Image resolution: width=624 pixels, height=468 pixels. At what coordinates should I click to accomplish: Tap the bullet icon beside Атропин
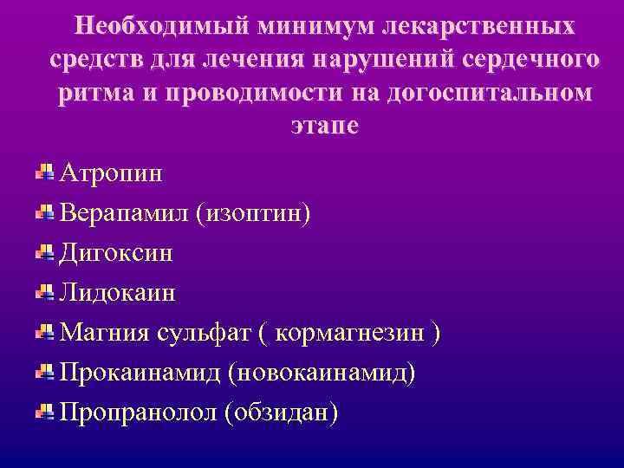point(45,171)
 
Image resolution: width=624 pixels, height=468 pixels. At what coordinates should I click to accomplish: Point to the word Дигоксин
point(116,252)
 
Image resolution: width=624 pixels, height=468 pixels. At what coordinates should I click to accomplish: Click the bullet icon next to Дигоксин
point(45,251)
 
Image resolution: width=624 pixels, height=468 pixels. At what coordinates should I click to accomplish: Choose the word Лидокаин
point(117,292)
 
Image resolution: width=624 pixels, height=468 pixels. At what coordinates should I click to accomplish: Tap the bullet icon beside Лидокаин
point(45,291)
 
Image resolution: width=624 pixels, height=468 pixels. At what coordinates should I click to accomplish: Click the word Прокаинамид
point(138,373)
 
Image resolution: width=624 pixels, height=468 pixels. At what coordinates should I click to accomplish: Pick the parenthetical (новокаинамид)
point(322,373)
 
